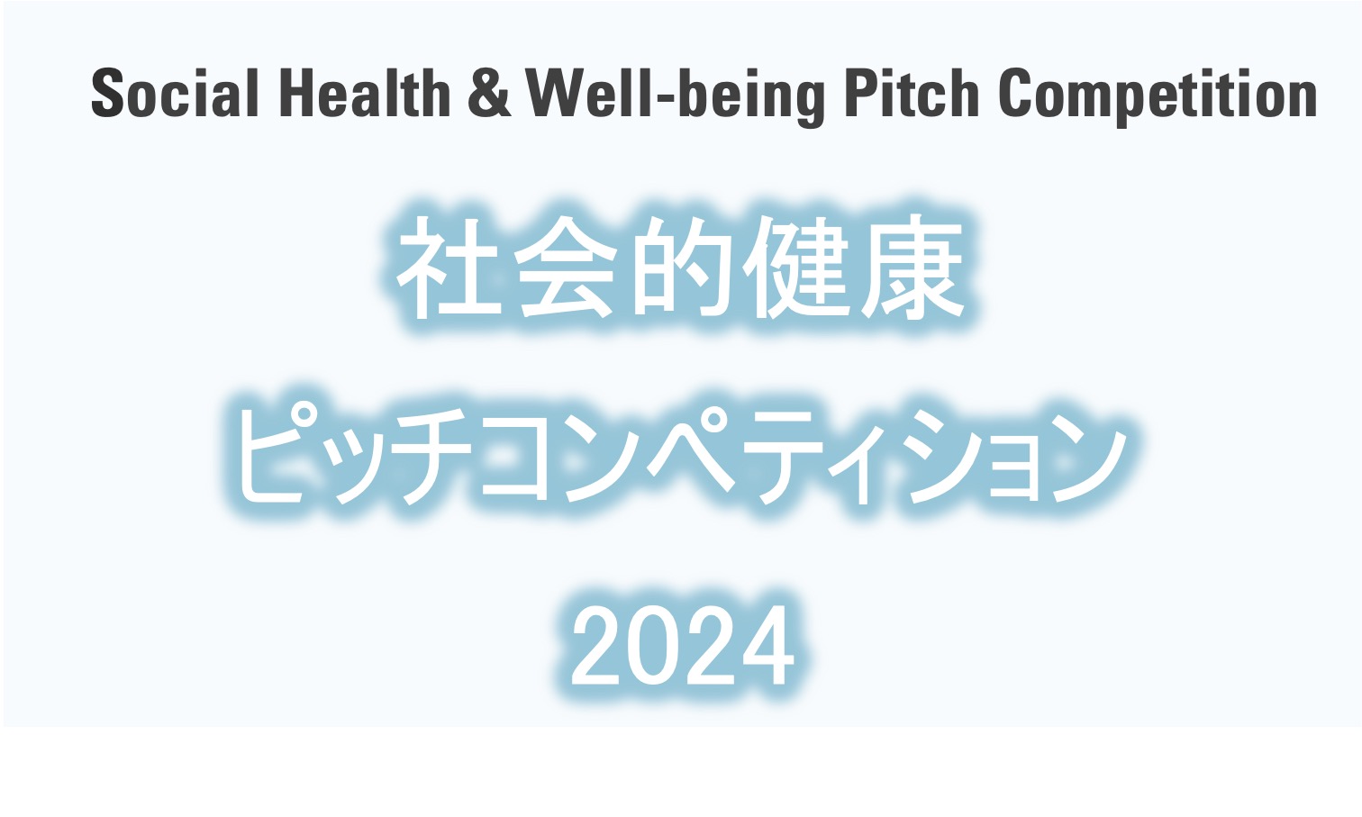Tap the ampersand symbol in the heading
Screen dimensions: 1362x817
click(489, 93)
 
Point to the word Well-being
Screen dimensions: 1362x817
click(675, 97)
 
